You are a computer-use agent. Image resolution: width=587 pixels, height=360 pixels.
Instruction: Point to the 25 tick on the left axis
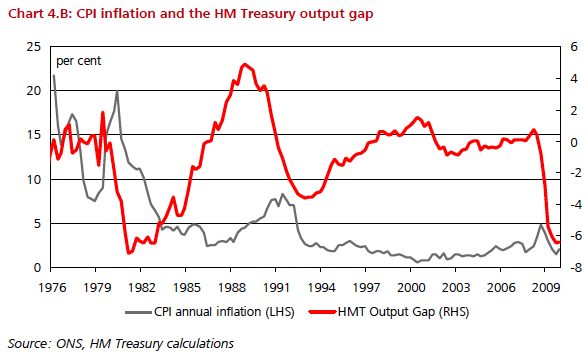click(33, 46)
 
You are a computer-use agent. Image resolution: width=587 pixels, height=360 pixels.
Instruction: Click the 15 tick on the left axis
click(33, 135)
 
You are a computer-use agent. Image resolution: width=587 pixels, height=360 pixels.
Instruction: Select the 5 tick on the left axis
click(37, 224)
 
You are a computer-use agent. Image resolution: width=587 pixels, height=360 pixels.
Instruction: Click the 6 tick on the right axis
click(566, 46)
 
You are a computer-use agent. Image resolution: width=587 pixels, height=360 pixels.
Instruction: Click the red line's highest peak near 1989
click(245, 64)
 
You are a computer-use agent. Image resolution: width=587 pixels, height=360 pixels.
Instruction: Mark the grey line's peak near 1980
click(118, 92)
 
